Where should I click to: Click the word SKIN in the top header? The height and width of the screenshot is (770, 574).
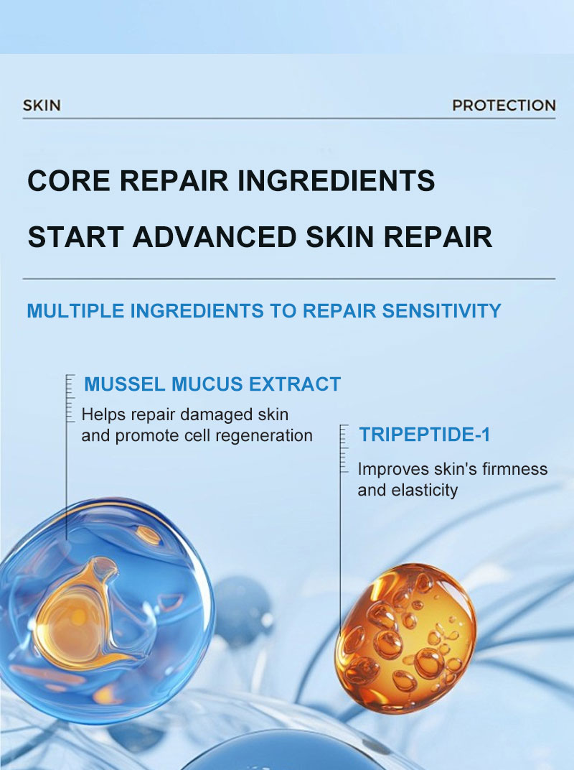pyautogui.click(x=42, y=105)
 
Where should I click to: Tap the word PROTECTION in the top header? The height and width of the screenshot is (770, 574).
pyautogui.click(x=504, y=105)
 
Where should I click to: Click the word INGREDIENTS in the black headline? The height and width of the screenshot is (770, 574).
pyautogui.click(x=336, y=180)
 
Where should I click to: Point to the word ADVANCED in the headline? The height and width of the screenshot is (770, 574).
pyautogui.click(x=215, y=237)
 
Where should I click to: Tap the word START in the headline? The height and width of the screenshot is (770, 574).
pyautogui.click(x=75, y=237)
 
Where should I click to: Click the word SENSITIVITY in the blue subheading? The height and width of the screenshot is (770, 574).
pyautogui.click(x=441, y=311)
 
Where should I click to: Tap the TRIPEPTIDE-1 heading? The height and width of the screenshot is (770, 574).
pyautogui.click(x=424, y=435)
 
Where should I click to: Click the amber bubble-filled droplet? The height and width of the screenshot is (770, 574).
pyautogui.click(x=405, y=639)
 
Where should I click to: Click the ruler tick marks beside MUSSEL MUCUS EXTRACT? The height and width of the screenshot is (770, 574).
pyautogui.click(x=70, y=398)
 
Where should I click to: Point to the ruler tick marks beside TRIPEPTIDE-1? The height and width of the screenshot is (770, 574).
pyautogui.click(x=344, y=449)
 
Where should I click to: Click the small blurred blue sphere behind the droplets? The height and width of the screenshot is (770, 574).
pyautogui.click(x=241, y=610)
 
